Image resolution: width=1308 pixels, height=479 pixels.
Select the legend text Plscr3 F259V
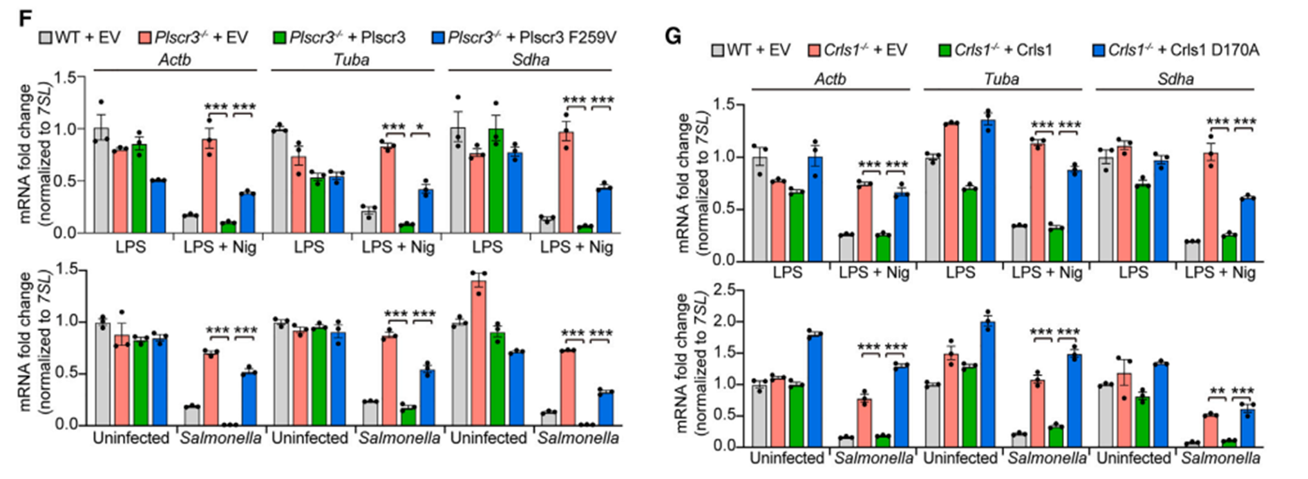click(x=532, y=37)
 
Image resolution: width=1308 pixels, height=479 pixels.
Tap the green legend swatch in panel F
click(x=280, y=37)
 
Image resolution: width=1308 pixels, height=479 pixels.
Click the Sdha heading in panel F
click(x=530, y=59)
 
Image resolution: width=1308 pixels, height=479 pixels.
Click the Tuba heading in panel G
click(x=1001, y=79)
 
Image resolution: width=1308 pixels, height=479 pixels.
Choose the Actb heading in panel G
click(x=830, y=79)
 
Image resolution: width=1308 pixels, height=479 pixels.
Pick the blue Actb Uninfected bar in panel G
click(x=815, y=390)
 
